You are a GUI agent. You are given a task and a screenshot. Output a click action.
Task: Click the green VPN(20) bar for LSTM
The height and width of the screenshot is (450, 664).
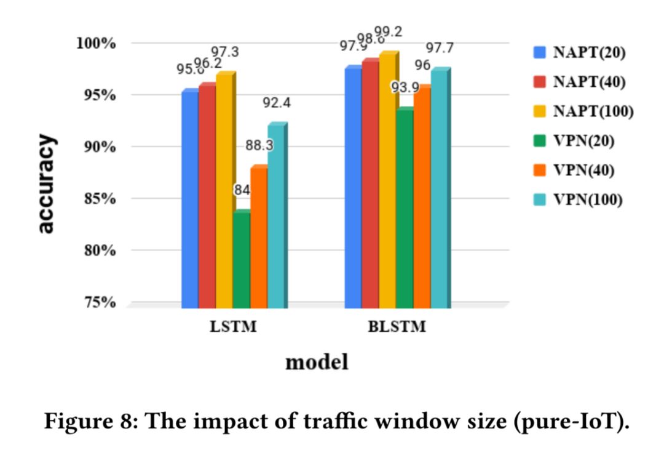[x=242, y=259]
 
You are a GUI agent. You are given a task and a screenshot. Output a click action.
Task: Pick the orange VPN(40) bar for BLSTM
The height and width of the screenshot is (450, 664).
[x=422, y=197]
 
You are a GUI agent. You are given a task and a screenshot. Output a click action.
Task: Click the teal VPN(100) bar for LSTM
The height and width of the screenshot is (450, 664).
[x=276, y=215]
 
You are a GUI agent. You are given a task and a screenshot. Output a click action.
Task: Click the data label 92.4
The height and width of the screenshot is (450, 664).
[x=276, y=103]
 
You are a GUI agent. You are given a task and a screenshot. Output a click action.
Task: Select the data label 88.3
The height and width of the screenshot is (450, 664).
[x=259, y=146]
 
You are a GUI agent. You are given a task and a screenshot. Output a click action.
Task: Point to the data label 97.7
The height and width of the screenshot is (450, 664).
[x=440, y=48]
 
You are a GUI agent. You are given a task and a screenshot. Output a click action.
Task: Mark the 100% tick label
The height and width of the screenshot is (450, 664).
[x=95, y=43]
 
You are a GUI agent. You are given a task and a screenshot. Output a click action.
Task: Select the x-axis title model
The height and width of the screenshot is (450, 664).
[x=317, y=362]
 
